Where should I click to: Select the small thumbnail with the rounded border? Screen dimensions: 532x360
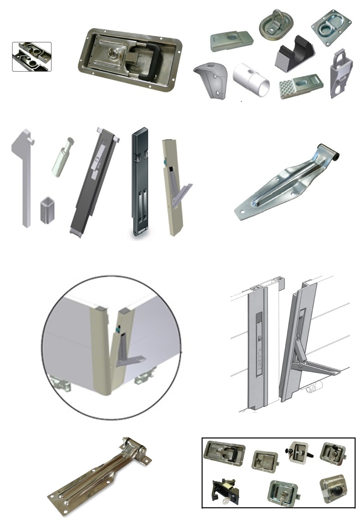tap(31, 57)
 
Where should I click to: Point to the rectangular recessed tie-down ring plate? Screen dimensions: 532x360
tap(331, 27)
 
